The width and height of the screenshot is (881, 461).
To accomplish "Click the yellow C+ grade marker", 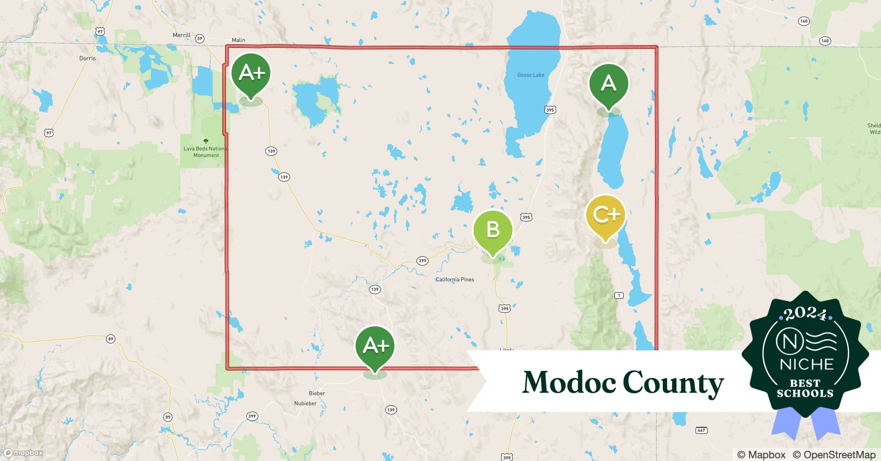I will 605,215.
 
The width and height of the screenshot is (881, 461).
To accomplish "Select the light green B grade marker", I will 493,230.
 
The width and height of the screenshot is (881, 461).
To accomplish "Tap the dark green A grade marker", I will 608,83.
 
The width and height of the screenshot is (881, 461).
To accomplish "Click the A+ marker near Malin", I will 251,73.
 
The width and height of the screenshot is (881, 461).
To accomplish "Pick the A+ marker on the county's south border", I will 375,345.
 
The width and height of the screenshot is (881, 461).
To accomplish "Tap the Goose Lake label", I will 530,75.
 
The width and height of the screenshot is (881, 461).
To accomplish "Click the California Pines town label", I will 455,279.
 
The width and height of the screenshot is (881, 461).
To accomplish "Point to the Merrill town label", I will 181,35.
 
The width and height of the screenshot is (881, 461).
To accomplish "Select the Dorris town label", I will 87,58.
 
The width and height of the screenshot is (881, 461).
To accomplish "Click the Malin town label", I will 238,40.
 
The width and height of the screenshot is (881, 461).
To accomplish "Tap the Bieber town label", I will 317,393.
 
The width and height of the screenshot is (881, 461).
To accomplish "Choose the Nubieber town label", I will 305,403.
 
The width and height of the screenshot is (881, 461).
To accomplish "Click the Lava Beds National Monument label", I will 206,152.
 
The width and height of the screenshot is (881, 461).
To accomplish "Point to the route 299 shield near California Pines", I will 423,260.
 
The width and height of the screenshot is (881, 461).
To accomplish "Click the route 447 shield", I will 701,430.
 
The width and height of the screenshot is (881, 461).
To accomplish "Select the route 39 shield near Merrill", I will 200,39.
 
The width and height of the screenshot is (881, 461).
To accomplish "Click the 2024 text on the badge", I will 805,313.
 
